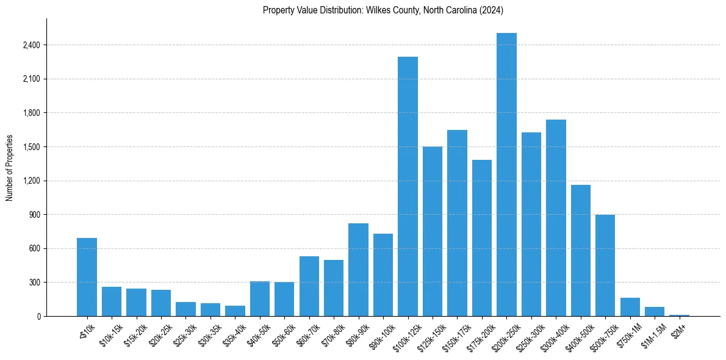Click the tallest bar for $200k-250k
coord(506,175)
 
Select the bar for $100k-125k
coord(408,186)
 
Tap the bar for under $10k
coord(87,277)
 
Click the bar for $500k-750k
coord(605,265)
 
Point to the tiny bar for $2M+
coord(679,315)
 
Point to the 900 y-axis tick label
coord(34,215)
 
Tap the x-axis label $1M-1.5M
coord(652,335)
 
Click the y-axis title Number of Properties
coord(9,168)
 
